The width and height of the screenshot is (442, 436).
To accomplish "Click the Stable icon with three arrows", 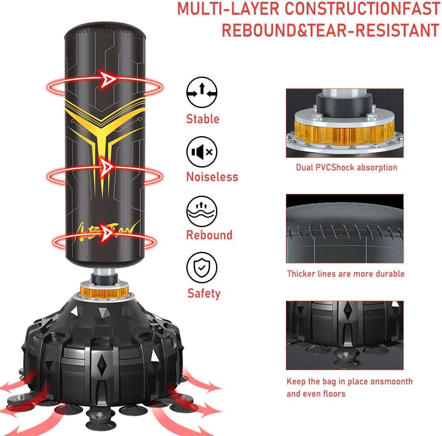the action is (x=202, y=92).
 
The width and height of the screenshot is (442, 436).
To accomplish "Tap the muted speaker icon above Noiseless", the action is (x=202, y=152).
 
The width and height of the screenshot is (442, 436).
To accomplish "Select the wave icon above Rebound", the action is (x=202, y=211).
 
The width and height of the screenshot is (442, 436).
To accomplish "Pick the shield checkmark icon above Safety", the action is (x=202, y=268).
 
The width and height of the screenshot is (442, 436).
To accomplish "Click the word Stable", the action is (x=202, y=119).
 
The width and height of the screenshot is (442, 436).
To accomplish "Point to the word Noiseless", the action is (x=212, y=177).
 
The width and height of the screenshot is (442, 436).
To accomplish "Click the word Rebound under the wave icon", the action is (x=209, y=235).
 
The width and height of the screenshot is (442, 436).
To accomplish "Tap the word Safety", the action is (x=204, y=294).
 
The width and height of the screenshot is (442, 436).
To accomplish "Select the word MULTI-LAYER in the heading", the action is (x=228, y=9).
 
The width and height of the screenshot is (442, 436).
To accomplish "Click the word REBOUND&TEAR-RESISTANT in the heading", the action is (x=331, y=30).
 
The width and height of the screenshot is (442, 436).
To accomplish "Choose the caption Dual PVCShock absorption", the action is (x=346, y=168).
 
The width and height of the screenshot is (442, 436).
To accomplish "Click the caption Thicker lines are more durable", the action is (x=345, y=274).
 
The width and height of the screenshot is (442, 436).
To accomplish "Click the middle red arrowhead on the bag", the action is (x=108, y=167).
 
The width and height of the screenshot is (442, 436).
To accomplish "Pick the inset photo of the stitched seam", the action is (x=345, y=228).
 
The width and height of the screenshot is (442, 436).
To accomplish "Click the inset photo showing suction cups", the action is (x=345, y=335).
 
